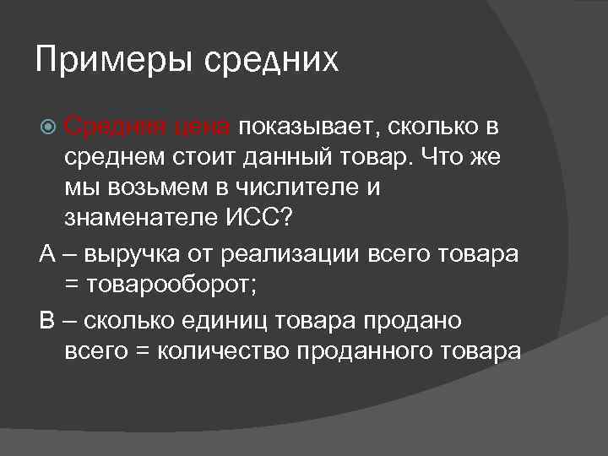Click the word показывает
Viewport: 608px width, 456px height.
pos(310,128)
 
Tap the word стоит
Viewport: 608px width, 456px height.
pos(193,156)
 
